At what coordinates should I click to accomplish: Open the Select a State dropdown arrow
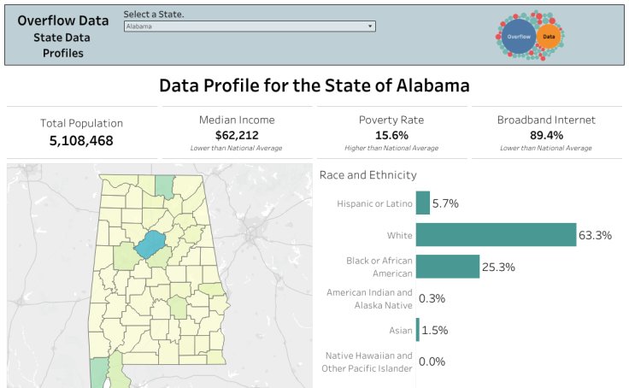(370, 26)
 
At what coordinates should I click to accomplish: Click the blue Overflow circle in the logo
(518, 37)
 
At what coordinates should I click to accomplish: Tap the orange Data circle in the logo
(549, 37)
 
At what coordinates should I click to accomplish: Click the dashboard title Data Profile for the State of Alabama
(314, 86)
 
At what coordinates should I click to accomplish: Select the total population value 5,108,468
(81, 141)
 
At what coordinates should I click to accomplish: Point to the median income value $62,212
(237, 135)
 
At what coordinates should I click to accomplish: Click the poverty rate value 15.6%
(391, 135)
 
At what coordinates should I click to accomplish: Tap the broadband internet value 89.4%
(546, 135)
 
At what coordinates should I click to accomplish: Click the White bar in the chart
(496, 235)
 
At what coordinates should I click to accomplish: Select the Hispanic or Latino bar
(422, 203)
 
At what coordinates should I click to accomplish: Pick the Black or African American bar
(447, 267)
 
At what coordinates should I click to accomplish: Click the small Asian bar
(418, 330)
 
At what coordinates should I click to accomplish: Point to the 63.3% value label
(595, 235)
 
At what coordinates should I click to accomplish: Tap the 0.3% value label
(432, 299)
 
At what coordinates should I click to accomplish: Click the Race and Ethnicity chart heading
(367, 175)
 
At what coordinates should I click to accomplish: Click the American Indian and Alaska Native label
(369, 298)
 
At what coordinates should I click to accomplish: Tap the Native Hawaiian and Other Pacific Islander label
(367, 362)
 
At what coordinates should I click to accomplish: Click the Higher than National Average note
(391, 149)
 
